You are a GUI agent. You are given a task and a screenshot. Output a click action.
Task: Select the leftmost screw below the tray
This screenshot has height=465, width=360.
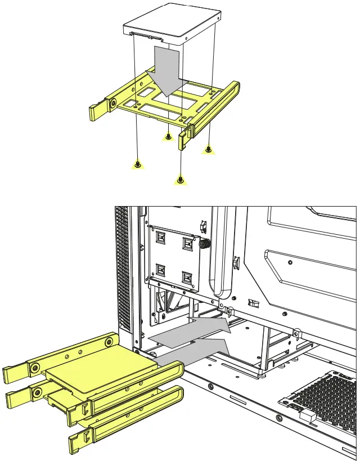137,164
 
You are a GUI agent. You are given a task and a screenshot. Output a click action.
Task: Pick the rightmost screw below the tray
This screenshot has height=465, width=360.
209,149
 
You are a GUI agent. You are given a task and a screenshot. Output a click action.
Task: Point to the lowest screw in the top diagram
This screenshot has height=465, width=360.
180,180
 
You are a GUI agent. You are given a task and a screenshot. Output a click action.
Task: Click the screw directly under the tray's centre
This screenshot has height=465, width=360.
168,136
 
